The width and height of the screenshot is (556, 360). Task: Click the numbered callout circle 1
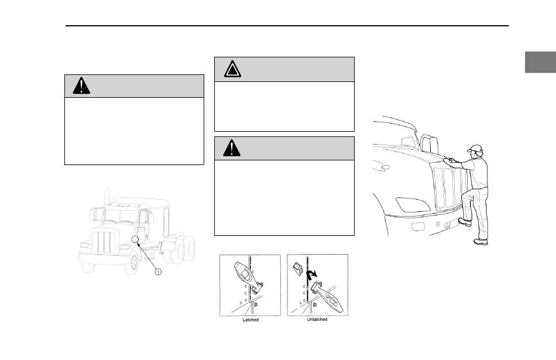[x=158, y=272]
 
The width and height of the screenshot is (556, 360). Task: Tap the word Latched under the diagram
[x=250, y=320]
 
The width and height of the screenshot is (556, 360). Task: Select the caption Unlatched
[x=317, y=320]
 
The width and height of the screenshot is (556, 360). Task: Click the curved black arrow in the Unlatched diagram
[x=311, y=273]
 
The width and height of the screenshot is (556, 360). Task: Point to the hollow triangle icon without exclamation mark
[x=232, y=69]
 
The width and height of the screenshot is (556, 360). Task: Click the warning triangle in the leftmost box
[x=81, y=85]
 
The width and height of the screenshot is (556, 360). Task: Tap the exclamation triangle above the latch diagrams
[x=232, y=148]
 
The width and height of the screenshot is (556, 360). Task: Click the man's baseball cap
[x=475, y=149]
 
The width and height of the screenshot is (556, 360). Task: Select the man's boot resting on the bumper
[x=465, y=222]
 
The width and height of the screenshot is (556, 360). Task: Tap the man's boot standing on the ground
[x=481, y=242]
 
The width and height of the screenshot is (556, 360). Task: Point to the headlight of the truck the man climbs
[x=413, y=205]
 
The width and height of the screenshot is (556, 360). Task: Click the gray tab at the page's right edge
[x=540, y=62]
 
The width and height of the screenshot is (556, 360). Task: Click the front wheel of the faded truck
[x=133, y=262]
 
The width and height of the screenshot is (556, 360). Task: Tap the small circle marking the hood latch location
[x=135, y=239]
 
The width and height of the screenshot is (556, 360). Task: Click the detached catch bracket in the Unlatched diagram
[x=297, y=269]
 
